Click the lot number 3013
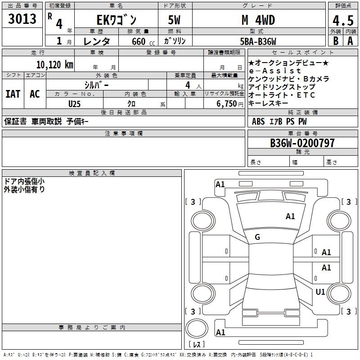(x=22, y=19)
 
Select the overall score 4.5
(x=342, y=21)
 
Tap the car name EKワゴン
(x=116, y=20)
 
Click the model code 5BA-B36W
(x=258, y=41)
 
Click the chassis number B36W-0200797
(x=302, y=143)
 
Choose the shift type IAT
(x=13, y=94)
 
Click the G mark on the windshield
(x=257, y=237)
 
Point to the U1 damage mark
(x=320, y=292)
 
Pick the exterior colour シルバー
(x=96, y=85)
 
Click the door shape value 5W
(x=175, y=20)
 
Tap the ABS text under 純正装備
(x=258, y=121)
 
